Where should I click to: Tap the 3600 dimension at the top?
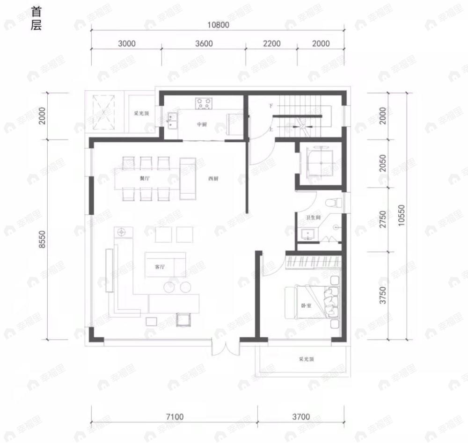coord(204,44)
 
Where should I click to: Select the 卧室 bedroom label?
coord(307,306)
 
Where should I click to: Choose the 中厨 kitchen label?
coord(202,124)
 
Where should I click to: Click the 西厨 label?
coord(213,179)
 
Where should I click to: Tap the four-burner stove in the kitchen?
coord(203,103)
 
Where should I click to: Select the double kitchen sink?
coord(172,121)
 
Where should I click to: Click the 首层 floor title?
coord(37,19)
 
